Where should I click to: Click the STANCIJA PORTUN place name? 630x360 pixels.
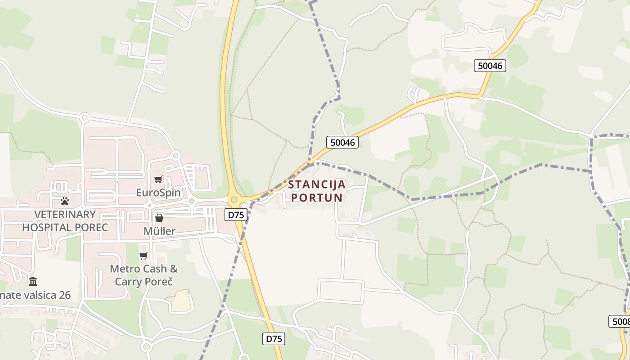317,191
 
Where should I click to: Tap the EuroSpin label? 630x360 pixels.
158,193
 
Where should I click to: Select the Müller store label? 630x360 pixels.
159,231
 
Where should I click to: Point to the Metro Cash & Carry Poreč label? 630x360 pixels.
144,275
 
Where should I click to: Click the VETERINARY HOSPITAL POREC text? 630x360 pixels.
65,221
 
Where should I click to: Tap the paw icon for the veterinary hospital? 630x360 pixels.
65,201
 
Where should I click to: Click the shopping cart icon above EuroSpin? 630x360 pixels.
158,180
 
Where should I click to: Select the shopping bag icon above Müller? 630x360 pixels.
159,218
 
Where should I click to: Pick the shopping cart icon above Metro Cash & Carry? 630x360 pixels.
144,256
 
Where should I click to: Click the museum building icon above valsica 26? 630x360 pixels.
33,282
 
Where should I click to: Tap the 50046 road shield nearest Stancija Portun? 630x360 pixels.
342,143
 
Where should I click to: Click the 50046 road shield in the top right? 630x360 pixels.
490,66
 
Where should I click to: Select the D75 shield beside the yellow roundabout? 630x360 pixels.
236,215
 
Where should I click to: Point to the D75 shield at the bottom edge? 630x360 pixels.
274,339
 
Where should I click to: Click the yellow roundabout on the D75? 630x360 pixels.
234,199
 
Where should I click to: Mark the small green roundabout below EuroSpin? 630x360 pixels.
191,201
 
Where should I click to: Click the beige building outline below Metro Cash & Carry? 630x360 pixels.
182,301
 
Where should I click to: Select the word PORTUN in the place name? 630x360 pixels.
317,198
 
